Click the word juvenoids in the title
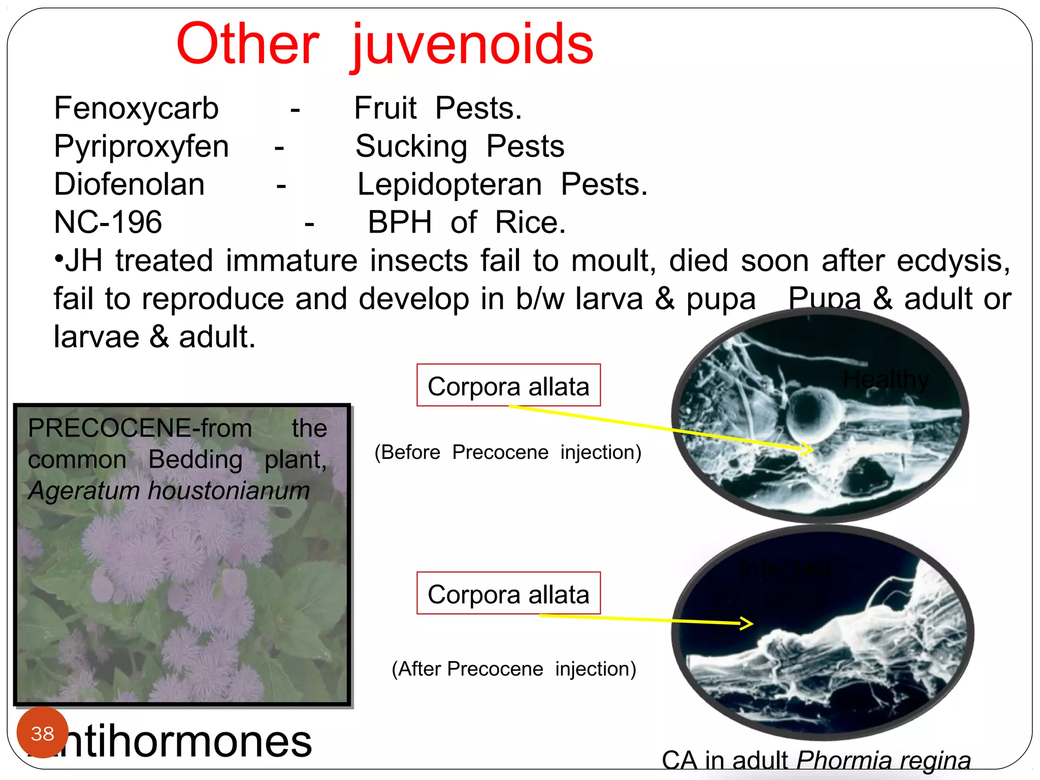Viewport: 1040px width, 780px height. [472, 46]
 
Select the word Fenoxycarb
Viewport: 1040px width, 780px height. [136, 108]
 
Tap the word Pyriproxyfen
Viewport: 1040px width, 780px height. [141, 146]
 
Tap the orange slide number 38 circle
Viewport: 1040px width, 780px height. [42, 733]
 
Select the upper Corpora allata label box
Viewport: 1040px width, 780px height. [508, 385]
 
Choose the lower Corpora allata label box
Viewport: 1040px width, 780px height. [508, 594]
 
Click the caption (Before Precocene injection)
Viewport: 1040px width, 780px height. [508, 452]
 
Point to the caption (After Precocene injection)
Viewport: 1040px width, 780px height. [513, 669]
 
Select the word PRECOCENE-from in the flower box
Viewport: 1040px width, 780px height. [140, 428]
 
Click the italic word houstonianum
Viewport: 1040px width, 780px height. [229, 491]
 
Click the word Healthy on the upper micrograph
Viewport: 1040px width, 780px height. [886, 379]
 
